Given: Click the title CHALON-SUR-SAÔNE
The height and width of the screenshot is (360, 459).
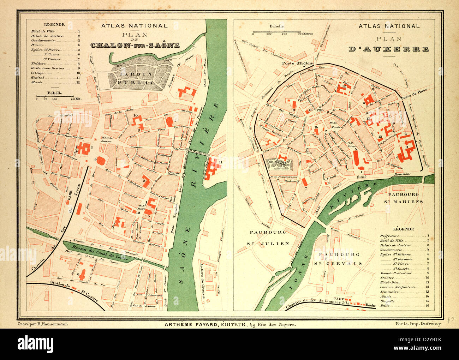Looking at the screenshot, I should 135,46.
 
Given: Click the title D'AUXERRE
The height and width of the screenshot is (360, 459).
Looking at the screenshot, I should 389,49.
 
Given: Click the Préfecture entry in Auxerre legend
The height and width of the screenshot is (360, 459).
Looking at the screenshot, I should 390,236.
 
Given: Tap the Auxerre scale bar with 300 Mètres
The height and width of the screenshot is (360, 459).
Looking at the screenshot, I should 278,32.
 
